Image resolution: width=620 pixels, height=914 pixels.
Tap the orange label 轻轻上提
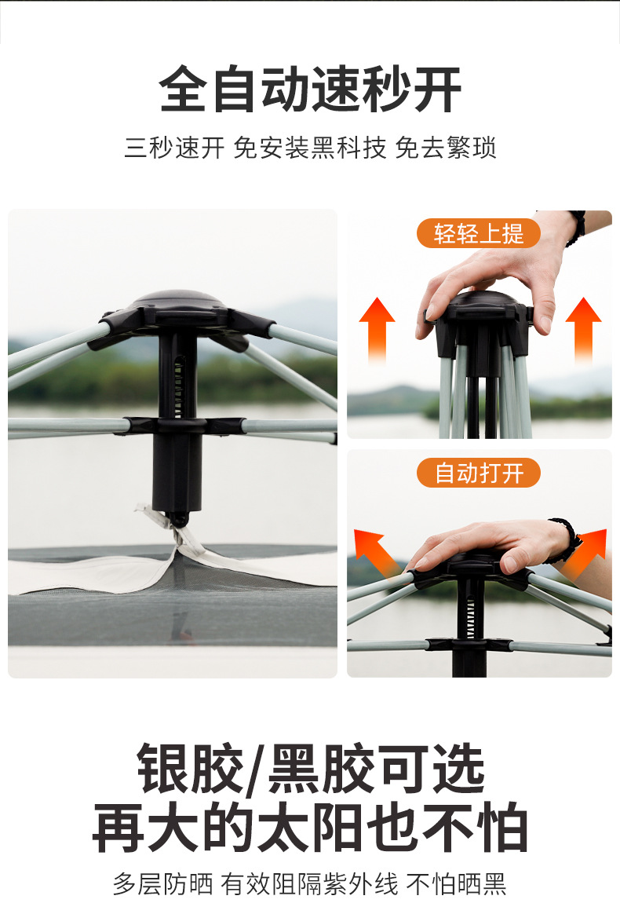click(478, 233)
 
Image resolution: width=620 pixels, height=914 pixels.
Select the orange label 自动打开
click(478, 473)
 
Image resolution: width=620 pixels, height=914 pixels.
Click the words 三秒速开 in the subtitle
click(174, 148)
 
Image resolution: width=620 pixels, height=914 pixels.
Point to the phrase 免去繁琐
click(446, 148)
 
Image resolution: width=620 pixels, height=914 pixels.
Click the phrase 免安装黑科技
click(310, 148)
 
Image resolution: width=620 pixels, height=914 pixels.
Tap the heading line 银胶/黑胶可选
click(310, 770)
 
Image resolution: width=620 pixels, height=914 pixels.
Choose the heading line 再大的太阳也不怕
click(310, 828)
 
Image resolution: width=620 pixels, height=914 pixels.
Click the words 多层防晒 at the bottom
click(162, 884)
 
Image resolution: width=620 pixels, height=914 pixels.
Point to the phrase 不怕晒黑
click(456, 884)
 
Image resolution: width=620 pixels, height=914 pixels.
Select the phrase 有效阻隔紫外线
click(309, 884)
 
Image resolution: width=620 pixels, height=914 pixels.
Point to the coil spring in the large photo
click(180, 385)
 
